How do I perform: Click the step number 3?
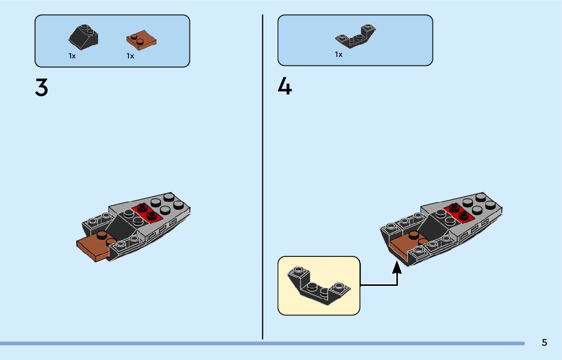click(42, 88)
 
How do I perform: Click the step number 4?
click(285, 87)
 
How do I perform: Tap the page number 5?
click(544, 343)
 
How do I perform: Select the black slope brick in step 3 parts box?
click(83, 37)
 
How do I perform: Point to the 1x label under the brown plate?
click(130, 56)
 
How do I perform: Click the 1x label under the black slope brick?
click(72, 56)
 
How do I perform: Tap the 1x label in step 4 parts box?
click(338, 54)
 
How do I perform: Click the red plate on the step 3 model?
click(147, 212)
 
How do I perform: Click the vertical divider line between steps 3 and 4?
click(263, 178)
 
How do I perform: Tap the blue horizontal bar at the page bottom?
click(254, 344)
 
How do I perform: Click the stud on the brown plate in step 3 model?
click(102, 235)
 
